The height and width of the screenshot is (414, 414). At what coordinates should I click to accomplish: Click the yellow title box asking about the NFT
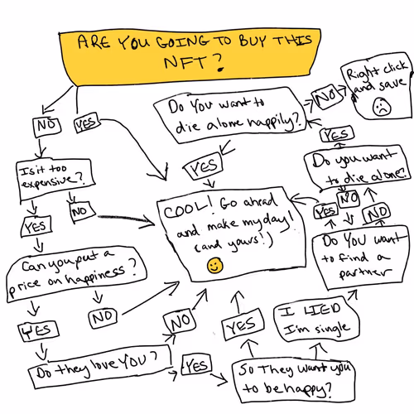pyautogui.click(x=190, y=55)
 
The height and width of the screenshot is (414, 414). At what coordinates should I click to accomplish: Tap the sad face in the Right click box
pyautogui.click(x=382, y=107)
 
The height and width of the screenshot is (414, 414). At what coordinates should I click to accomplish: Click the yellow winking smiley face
pyautogui.click(x=215, y=266)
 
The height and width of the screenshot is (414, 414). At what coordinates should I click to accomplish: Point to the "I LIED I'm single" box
pyautogui.click(x=316, y=320)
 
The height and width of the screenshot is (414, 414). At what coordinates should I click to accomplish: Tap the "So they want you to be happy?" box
pyautogui.click(x=293, y=379)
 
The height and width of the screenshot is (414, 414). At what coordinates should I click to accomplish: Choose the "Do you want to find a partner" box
pyautogui.click(x=360, y=258)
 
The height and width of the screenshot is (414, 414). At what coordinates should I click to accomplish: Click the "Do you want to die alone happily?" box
pyautogui.click(x=230, y=115)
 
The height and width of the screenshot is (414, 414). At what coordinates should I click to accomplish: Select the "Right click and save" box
pyautogui.click(x=377, y=86)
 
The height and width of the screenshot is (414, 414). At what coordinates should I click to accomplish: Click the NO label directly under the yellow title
pyautogui.click(x=47, y=127)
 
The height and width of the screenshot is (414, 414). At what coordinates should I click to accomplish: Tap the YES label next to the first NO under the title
pyautogui.click(x=87, y=123)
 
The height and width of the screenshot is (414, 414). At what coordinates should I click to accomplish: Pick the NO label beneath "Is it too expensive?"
pyautogui.click(x=81, y=211)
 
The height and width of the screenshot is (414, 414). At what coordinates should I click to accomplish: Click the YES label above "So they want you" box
pyautogui.click(x=243, y=325)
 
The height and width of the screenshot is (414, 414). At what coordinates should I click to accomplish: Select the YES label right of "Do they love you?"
pyautogui.click(x=196, y=365)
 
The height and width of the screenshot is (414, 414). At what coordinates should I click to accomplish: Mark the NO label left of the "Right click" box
pyautogui.click(x=327, y=97)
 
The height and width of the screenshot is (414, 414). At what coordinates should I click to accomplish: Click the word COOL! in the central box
pyautogui.click(x=188, y=209)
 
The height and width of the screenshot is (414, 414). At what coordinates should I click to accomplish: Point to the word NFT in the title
pyautogui.click(x=185, y=62)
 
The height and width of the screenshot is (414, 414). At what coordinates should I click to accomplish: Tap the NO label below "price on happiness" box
pyautogui.click(x=103, y=318)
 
